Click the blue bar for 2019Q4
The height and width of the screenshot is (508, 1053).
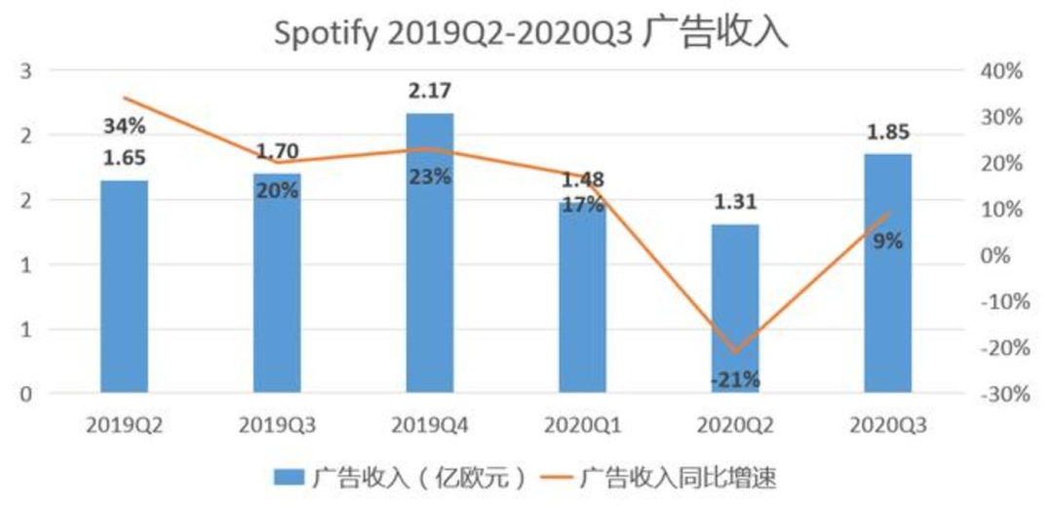(430, 254)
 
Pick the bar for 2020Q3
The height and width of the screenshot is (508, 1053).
(887, 273)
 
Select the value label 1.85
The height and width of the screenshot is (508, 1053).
(887, 132)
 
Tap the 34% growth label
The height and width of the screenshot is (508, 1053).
(125, 126)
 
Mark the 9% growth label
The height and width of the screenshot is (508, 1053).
(887, 241)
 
